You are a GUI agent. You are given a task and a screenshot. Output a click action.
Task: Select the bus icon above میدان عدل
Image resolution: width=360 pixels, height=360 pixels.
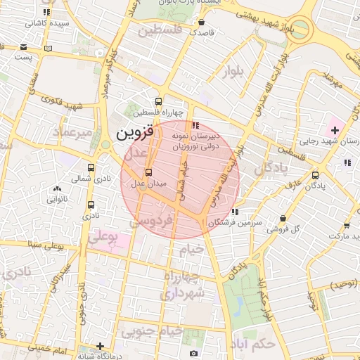tap(148, 173)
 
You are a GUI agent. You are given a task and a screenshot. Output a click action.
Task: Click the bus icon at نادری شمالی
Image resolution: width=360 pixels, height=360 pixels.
tap(91, 168)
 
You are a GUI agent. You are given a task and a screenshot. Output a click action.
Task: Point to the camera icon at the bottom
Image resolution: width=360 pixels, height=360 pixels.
tap(194, 352)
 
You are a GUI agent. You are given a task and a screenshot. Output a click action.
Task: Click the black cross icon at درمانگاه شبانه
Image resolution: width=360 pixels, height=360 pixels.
tap(101, 346)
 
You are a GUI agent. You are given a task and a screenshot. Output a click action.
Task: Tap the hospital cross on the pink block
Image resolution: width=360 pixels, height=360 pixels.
tap(335, 130)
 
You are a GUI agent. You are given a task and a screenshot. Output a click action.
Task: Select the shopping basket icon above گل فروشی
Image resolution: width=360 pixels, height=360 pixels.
tap(283, 219)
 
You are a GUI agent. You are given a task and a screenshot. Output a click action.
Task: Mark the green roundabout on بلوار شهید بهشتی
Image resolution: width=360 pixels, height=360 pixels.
tap(299, 30)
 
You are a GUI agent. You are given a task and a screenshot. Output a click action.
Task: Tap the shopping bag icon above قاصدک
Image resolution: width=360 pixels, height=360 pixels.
tap(202, 21)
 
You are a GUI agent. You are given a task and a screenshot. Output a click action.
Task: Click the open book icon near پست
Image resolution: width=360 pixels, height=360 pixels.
tap(48, 48)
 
